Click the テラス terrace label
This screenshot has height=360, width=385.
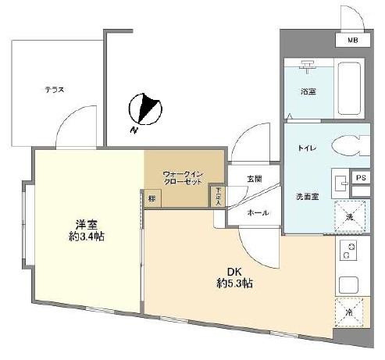tap(54, 89)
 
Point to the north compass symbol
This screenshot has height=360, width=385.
tap(146, 109)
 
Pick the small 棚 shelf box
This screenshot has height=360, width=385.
tap(151, 198)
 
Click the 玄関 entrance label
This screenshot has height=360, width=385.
tap(255, 179)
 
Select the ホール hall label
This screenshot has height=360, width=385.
tap(258, 212)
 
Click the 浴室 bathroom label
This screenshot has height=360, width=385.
tap(307, 91)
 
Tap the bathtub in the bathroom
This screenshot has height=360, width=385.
tap(348, 87)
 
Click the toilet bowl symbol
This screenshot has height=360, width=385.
tap(350, 146)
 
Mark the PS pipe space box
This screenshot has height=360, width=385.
tap(360, 178)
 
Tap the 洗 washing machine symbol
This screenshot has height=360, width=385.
tap(348, 216)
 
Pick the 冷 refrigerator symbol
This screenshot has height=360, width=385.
tap(348, 312)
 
